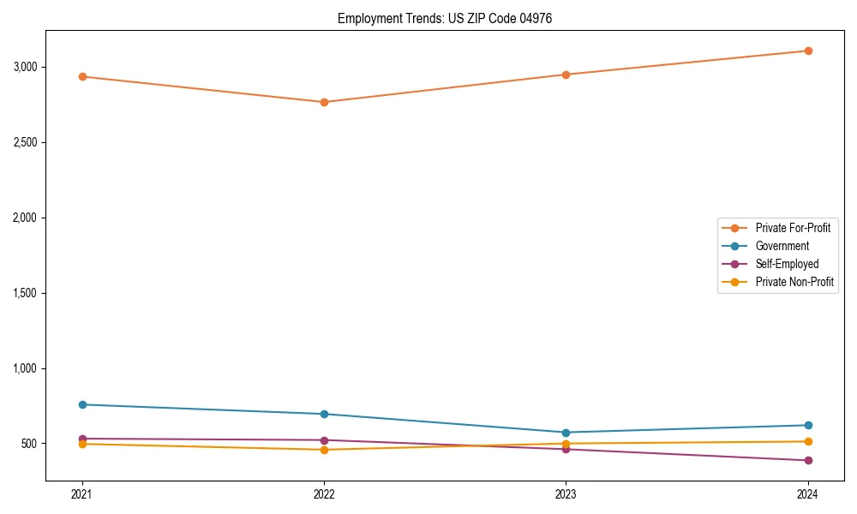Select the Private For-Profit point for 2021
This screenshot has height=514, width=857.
tap(82, 76)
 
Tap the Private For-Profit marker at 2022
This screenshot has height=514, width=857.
tap(324, 102)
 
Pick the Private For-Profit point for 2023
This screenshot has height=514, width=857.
tap(566, 75)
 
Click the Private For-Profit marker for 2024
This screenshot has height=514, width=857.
tap(808, 51)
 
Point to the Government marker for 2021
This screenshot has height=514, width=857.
tap(82, 404)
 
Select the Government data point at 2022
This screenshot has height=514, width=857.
tap(324, 414)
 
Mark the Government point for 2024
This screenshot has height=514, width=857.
tap(808, 425)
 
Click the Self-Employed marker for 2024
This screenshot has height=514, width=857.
tap(808, 460)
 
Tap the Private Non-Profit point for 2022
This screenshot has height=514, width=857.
tap(324, 450)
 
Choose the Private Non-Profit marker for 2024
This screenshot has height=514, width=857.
tap(808, 441)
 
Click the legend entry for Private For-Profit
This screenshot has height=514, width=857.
tap(792, 228)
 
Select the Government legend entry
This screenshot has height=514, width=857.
tap(782, 246)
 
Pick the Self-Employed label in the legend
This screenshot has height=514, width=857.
tap(787, 264)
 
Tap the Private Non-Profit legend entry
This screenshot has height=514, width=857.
tap(794, 282)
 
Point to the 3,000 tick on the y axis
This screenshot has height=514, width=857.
tap(23, 67)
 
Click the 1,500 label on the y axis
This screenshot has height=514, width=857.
tap(23, 293)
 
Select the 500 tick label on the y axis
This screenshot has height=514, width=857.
tap(28, 444)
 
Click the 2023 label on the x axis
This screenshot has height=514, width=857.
tap(566, 493)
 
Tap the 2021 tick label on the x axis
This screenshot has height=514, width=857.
tap(82, 493)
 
